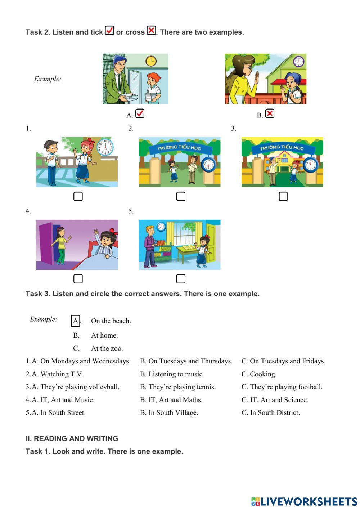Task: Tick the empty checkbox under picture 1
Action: tap(78, 196)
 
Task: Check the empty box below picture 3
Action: tap(283, 196)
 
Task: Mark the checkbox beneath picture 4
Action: tap(78, 279)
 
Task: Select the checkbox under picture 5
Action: tap(181, 279)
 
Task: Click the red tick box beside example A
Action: tap(140, 113)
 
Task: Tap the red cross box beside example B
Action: tap(270, 113)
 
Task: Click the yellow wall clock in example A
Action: tap(151, 61)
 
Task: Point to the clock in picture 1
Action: tap(105, 147)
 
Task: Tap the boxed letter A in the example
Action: tap(76, 321)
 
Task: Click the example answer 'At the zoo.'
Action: tap(107, 348)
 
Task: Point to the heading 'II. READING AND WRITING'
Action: tap(72, 438)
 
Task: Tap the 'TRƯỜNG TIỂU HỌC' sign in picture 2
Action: tap(179, 147)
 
